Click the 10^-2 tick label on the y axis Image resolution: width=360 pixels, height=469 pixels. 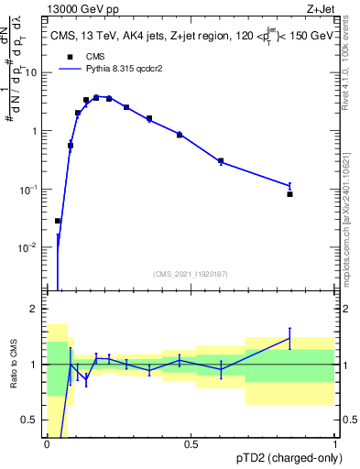coord(27,247)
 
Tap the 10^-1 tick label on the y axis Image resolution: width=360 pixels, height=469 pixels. coord(27,189)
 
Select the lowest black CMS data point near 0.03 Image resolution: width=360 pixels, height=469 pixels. coord(58,221)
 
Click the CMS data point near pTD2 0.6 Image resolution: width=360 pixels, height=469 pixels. coord(221,161)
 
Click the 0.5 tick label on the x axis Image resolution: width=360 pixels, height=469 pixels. coord(191,443)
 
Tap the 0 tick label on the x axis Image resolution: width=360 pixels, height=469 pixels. coord(47,443)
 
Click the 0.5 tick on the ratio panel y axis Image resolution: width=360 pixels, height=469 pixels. coord(31,420)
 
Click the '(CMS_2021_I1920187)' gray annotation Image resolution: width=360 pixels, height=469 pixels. coord(190,274)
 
